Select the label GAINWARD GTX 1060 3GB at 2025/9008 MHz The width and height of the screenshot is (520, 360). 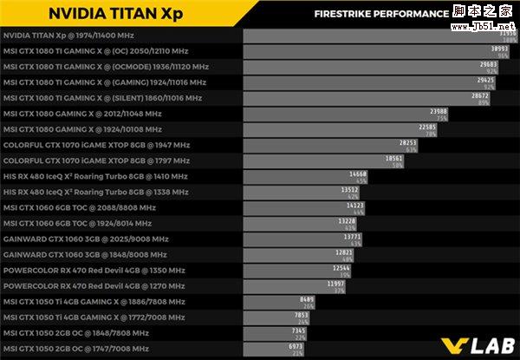click(x=87, y=239)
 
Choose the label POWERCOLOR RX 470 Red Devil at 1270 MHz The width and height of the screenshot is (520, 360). click(x=94, y=285)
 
